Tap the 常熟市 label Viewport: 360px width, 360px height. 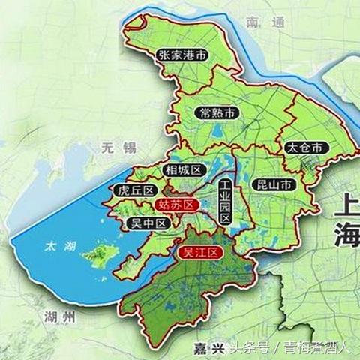219,113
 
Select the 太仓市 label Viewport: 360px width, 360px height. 304,148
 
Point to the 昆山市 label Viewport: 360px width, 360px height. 274,184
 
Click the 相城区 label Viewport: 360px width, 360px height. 183,170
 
